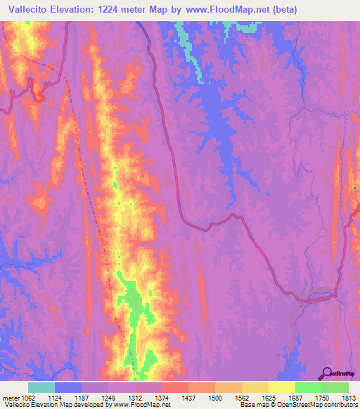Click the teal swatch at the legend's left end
(x=41, y=387)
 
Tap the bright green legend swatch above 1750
(x=309, y=387)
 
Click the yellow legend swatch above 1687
(x=282, y=387)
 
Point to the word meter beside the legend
(x=12, y=397)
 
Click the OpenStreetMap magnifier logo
(x=326, y=372)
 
